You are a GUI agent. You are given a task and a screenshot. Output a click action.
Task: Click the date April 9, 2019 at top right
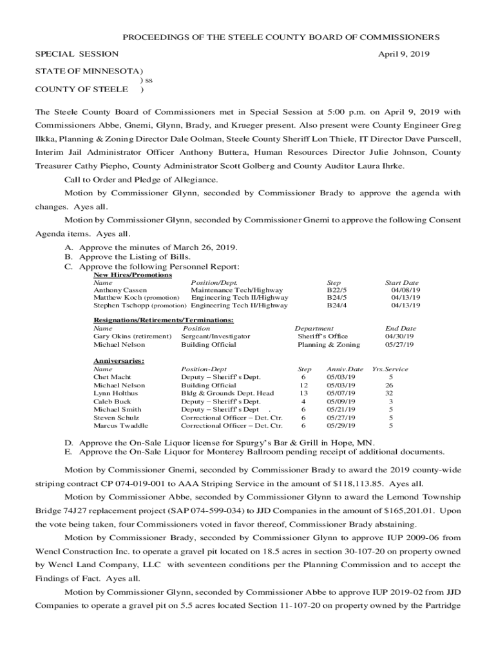[401, 54]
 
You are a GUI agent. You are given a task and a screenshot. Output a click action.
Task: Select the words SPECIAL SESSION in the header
[76, 54]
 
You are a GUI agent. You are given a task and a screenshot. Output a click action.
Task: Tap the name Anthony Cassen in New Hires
[120, 291]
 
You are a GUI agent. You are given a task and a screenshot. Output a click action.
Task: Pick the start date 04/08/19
[405, 291]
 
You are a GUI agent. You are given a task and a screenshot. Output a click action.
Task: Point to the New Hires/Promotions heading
[133, 275]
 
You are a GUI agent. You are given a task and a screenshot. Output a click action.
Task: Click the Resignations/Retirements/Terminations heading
[164, 320]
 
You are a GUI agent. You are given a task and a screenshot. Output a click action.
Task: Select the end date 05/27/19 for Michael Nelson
[399, 344]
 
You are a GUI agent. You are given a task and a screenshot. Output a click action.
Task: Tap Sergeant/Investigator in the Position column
[215, 336]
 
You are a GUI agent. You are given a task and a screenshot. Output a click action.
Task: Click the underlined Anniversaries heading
[119, 361]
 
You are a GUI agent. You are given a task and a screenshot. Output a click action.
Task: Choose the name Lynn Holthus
[115, 393]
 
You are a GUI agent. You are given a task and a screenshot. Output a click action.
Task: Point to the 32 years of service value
[389, 393]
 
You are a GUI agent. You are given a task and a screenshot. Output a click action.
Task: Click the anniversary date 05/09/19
[341, 402]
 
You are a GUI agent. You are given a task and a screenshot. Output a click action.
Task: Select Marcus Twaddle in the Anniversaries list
[120, 425]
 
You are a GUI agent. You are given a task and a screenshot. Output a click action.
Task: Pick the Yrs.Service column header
[390, 369]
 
